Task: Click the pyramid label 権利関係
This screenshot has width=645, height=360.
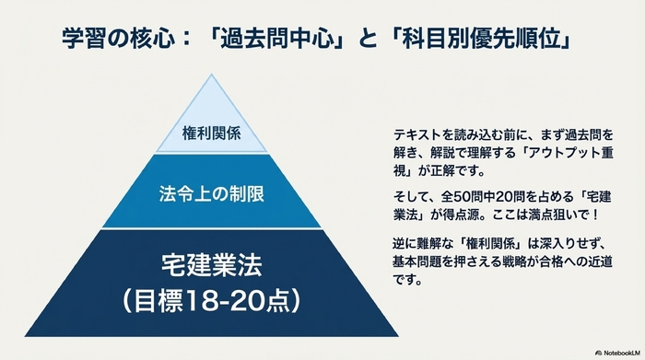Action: pos(212,132)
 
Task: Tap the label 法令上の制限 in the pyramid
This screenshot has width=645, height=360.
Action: pos(212,196)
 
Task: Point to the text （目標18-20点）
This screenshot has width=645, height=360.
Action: pos(212,300)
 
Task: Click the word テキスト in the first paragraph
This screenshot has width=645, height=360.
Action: pos(413,133)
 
